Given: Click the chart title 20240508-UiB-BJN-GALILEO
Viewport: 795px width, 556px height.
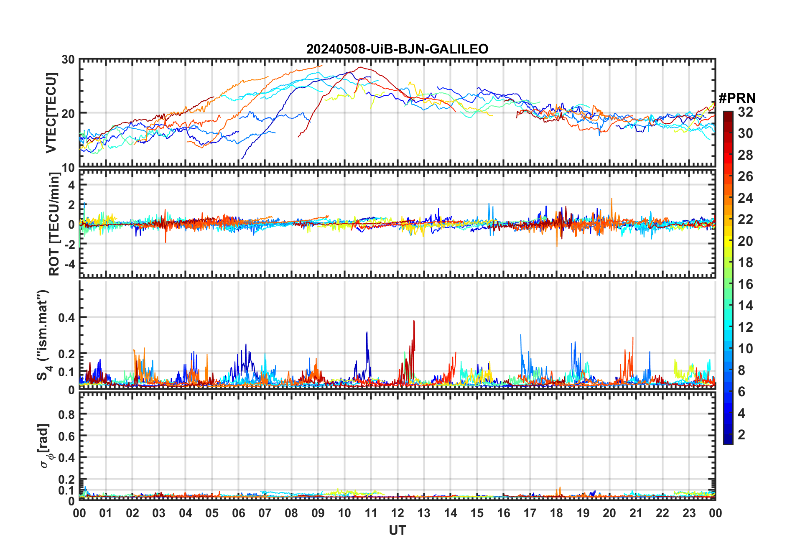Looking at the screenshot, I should pyautogui.click(x=397, y=49).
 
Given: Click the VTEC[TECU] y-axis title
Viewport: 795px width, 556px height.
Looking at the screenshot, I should pyautogui.click(x=51, y=113).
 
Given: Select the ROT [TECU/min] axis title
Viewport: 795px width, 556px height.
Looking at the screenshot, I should pyautogui.click(x=54, y=224).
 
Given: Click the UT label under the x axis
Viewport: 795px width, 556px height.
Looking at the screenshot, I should pyautogui.click(x=397, y=530).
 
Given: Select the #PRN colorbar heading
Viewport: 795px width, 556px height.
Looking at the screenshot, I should pyautogui.click(x=737, y=98).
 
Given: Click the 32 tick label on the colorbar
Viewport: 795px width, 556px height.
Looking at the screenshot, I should pyautogui.click(x=745, y=112).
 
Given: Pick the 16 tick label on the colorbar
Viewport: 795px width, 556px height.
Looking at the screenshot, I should pyautogui.click(x=745, y=284).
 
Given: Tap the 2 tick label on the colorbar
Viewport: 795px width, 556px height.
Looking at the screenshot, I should pyautogui.click(x=741, y=435).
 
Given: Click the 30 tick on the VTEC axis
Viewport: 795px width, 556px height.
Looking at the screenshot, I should pyautogui.click(x=68, y=60).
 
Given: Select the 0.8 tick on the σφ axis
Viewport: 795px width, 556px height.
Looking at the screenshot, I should pyautogui.click(x=66, y=414).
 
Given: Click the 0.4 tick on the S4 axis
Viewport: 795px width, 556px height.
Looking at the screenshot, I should pyautogui.click(x=66, y=317).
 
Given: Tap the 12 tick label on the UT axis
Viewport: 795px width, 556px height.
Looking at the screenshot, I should pyautogui.click(x=397, y=513).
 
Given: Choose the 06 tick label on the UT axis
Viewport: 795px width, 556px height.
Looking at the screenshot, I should pyautogui.click(x=238, y=513).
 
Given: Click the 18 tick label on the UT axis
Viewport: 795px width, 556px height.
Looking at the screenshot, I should pyautogui.click(x=556, y=513).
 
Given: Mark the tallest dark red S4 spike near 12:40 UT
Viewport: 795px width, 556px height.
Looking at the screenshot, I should pyautogui.click(x=414, y=321).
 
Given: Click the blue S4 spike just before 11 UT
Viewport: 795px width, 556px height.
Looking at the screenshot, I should pyautogui.click(x=367, y=332).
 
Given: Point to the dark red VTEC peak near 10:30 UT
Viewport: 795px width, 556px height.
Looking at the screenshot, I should pyautogui.click(x=360, y=67).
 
